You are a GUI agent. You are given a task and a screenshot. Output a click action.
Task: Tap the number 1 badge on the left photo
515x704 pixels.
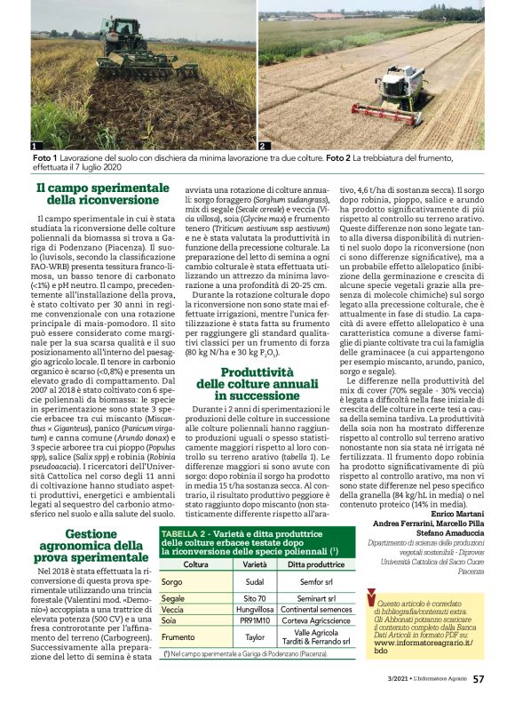[34, 145]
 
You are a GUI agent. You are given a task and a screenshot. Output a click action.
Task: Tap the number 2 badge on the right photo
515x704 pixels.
[264, 145]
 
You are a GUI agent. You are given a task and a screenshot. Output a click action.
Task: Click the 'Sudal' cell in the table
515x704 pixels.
[255, 581]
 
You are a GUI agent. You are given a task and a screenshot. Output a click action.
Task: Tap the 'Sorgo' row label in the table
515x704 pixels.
[172, 581]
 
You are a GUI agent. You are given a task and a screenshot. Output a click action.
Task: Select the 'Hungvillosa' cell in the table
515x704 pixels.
[255, 610]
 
